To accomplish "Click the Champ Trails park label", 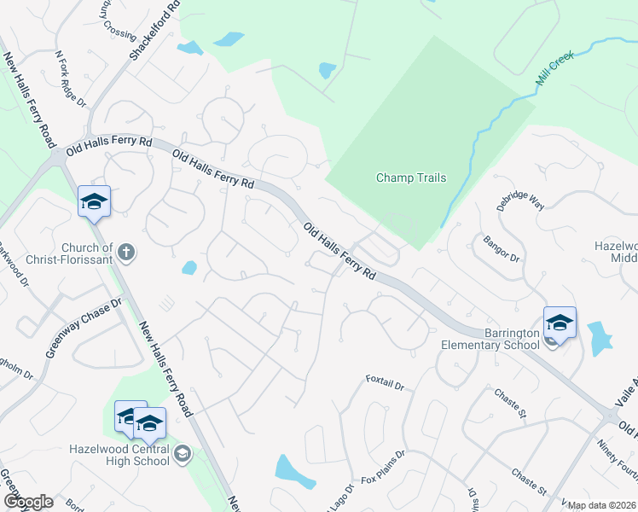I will point(411,178).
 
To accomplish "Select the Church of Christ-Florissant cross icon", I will point(125,251).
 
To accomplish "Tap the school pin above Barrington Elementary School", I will point(560,323).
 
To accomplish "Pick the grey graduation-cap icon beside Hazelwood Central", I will point(181,456).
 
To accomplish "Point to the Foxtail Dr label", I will point(384,381).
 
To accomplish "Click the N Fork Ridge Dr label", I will point(71,78).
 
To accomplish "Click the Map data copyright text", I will point(601,505).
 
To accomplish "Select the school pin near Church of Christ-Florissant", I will point(94,201).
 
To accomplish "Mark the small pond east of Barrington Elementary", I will point(600,338).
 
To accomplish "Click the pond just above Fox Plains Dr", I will point(291,468).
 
